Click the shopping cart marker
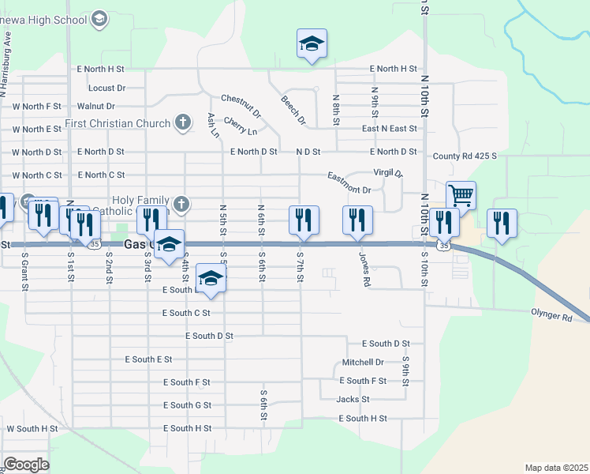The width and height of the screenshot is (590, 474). [x=461, y=194]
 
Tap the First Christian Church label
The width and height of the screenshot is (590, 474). [x=118, y=123]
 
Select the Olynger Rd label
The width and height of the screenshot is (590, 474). [x=551, y=317]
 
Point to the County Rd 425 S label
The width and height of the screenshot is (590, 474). [x=465, y=156]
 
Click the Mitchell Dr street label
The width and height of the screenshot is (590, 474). [x=363, y=363]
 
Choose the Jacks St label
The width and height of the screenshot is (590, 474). [x=353, y=400]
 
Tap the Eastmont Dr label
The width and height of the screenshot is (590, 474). [x=349, y=190]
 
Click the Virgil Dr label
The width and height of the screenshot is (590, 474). [x=388, y=173]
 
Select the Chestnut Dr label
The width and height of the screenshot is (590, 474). [x=241, y=99]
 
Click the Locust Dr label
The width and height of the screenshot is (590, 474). [x=102, y=88]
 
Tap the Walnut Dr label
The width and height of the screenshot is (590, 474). [x=96, y=106]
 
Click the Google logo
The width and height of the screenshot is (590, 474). [x=26, y=465]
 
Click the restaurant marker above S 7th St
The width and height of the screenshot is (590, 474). [x=304, y=220]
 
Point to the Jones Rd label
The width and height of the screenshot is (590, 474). [x=364, y=270]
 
